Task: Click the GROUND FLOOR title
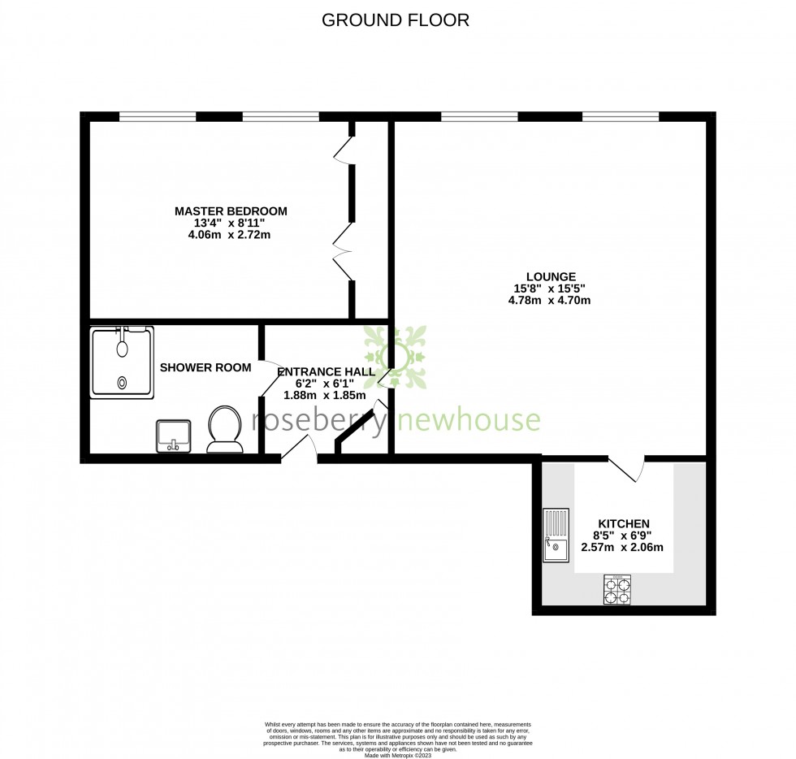[396, 20]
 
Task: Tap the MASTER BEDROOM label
[231, 211]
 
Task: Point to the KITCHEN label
[623, 523]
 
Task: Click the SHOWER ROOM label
[205, 367]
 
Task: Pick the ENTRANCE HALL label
[326, 372]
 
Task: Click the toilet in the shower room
[225, 428]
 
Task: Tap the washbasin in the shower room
[172, 435]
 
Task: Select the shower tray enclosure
[122, 362]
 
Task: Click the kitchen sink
[556, 536]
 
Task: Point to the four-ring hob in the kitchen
[617, 589]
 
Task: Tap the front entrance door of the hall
[298, 450]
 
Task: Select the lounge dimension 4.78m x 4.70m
[549, 300]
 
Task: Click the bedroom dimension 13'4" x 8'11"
[231, 223]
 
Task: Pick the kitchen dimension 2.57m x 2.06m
[622, 547]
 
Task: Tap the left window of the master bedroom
[158, 116]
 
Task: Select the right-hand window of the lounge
[621, 116]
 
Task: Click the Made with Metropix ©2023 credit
[398, 755]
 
